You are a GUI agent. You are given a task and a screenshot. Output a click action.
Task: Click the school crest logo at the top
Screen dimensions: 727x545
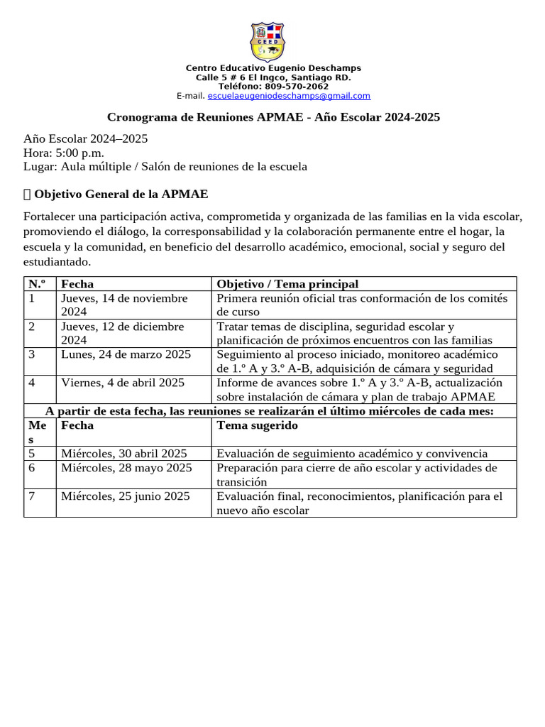pos(268,42)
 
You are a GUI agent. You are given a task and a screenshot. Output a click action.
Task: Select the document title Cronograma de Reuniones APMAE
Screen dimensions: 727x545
pos(273,116)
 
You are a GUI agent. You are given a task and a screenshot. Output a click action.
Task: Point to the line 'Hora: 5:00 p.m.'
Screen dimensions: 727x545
pos(64,153)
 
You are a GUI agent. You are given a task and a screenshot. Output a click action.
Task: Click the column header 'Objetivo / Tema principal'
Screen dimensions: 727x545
pos(287,284)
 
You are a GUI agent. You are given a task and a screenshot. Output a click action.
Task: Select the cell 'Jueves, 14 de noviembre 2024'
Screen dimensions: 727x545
pos(124,305)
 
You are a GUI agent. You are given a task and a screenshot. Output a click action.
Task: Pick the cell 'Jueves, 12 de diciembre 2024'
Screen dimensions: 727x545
pos(122,333)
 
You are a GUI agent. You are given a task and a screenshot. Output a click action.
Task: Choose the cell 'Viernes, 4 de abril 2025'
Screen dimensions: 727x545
pos(123,383)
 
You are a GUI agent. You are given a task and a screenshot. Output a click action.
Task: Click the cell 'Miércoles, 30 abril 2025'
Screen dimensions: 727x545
pos(124,454)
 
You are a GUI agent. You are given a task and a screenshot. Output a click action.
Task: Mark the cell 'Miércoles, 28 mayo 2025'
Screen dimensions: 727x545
pos(126,468)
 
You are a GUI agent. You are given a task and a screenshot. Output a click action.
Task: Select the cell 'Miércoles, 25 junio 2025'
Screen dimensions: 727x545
pos(126,496)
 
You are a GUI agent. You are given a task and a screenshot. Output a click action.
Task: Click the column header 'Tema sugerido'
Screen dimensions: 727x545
pos(257,425)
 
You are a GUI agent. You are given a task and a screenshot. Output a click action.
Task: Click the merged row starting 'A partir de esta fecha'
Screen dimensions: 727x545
pos(270,411)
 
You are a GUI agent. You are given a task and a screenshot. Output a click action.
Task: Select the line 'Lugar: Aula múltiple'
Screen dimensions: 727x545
pos(165,167)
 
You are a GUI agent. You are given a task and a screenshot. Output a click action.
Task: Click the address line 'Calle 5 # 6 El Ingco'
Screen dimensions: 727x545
pos(273,77)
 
